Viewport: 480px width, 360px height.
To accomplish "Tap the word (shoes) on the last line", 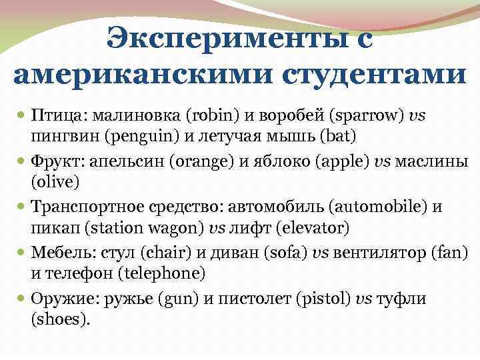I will [x=59, y=319].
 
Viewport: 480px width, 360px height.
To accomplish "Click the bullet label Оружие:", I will [x=62, y=298].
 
